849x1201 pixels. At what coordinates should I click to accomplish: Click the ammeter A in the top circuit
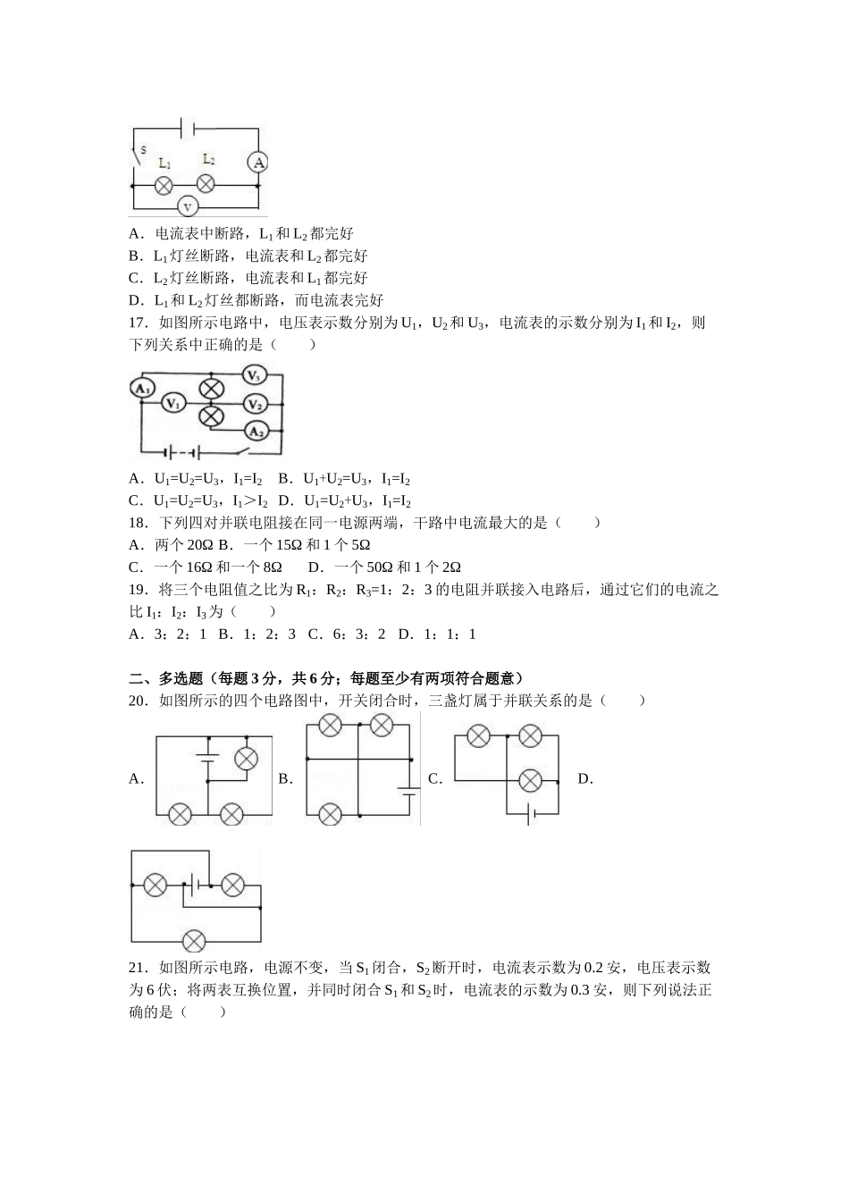coord(258,162)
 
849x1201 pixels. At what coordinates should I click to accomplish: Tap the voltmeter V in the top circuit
coord(188,206)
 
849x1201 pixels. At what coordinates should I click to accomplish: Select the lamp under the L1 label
coord(164,185)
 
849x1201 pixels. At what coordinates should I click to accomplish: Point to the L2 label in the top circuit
coord(208,159)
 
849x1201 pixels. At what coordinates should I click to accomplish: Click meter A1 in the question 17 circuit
coord(141,388)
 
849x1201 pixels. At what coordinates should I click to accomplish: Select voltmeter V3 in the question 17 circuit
coord(255,375)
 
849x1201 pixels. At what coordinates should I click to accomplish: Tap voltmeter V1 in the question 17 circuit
coord(173,404)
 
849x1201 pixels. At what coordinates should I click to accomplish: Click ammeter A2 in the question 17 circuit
coord(256,432)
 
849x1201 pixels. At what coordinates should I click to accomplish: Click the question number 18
coord(138,523)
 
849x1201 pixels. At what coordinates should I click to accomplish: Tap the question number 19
coord(138,590)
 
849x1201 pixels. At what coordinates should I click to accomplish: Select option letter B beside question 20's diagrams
coord(285,779)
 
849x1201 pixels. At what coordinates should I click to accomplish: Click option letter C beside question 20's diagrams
coord(435,779)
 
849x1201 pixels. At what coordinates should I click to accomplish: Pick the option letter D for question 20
coord(585,779)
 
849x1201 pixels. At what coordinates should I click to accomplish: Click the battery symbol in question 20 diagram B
coord(410,790)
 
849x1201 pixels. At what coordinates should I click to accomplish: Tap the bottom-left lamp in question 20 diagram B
coord(330,814)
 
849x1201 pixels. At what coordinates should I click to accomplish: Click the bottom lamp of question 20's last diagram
coord(194,940)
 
